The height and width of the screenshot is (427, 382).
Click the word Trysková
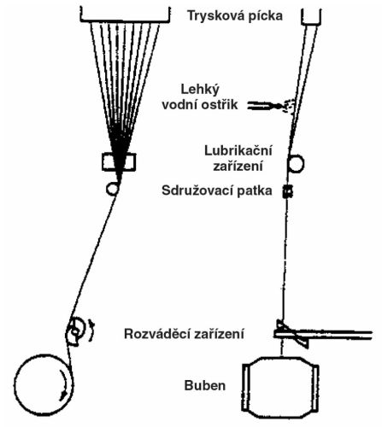pyautogui.click(x=212, y=16)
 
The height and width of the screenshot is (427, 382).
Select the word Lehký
pyautogui.click(x=200, y=91)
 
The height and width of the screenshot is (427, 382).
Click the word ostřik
pyautogui.click(x=220, y=105)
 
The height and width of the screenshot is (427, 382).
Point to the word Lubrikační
pyautogui.click(x=238, y=150)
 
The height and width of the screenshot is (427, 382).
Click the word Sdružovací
pyautogui.click(x=197, y=190)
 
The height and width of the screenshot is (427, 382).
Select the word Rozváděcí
pyautogui.click(x=157, y=333)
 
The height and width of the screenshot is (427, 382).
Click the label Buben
pyautogui.click(x=205, y=385)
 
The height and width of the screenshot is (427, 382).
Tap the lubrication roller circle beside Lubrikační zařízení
pyautogui.click(x=297, y=164)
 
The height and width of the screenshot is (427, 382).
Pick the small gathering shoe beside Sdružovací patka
pyautogui.click(x=288, y=191)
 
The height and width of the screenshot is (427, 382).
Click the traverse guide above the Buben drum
pyautogui.click(x=293, y=334)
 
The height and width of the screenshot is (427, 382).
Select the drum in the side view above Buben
pyautogui.click(x=280, y=388)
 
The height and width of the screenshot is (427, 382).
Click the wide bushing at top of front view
pyautogui.click(x=125, y=20)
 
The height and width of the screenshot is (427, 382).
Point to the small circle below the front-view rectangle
pyautogui.click(x=113, y=189)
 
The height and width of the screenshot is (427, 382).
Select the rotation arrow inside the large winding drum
pyautogui.click(x=65, y=386)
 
